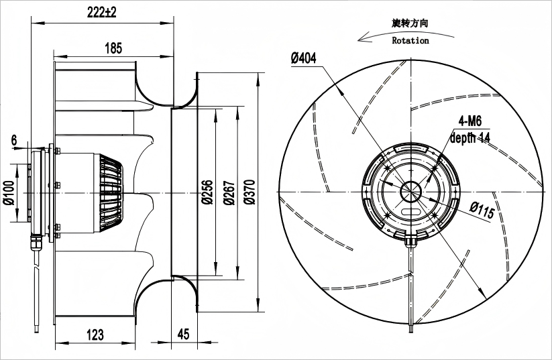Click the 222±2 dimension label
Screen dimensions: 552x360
(102, 12)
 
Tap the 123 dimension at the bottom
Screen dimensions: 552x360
(95, 335)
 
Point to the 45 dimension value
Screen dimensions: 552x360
(183, 334)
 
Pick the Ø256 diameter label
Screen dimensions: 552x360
(207, 192)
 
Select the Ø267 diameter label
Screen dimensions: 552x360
(229, 192)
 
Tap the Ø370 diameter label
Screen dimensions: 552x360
(250, 192)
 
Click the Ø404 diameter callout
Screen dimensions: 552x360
(303, 58)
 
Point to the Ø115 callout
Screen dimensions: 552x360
(482, 210)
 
